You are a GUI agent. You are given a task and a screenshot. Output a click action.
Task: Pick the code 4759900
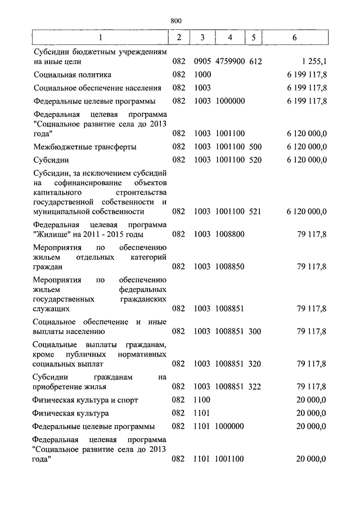pos(229,61)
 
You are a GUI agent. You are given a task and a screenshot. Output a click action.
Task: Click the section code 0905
pos(201,61)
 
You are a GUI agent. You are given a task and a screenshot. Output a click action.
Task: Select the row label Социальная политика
pos(72,74)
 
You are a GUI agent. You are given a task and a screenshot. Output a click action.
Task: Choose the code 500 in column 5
pos(255,147)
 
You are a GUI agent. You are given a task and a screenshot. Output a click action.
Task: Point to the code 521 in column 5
pos(255,211)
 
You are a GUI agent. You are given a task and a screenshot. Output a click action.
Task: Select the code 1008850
pos(229,267)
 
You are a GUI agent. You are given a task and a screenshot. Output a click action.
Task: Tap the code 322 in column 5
pos(255,386)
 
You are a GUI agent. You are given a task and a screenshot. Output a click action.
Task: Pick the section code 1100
pos(201,400)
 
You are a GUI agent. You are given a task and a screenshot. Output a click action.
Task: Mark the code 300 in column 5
pos(255,332)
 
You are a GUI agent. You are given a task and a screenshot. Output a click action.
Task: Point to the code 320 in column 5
pos(255,364)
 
